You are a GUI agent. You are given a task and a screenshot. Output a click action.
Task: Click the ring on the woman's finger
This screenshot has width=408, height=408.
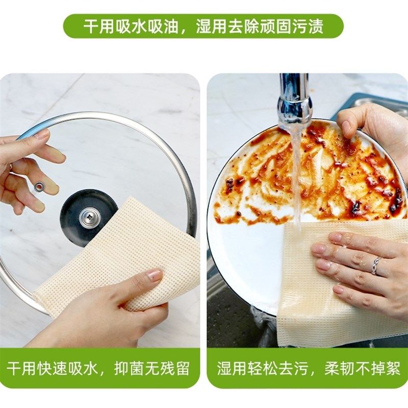click(376, 266)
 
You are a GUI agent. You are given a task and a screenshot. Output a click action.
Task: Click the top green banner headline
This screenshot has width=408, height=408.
click(203, 26)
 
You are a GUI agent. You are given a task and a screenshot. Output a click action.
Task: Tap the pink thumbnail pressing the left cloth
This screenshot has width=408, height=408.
click(155, 275)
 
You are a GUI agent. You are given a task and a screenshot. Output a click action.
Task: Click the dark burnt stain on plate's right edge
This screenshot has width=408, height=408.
click(395, 201)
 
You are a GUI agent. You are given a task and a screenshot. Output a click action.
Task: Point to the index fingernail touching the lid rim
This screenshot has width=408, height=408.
click(42, 134)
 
